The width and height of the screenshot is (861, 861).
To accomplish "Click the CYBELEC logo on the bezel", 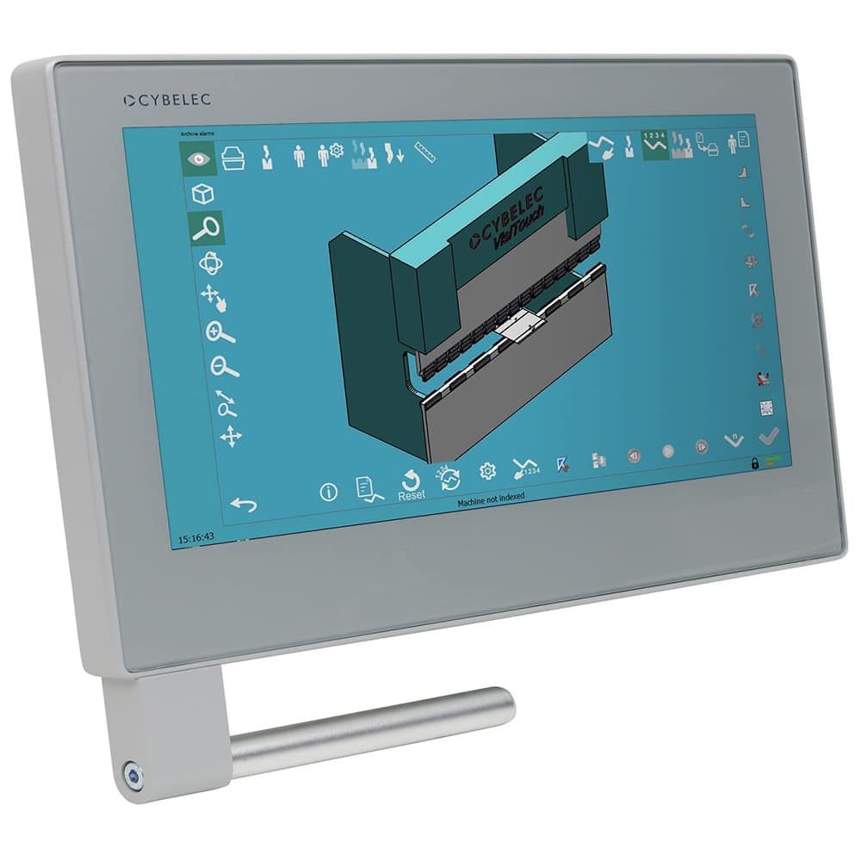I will coord(166,101).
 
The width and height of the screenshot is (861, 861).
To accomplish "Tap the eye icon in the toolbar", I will coord(198,158).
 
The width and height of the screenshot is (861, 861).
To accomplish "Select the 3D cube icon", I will coord(201,194).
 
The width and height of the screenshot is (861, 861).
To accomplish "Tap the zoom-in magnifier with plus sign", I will coord(220,331).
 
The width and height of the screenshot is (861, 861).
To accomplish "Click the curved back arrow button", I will coord(244,504).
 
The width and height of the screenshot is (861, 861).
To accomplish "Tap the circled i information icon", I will coord(328,492).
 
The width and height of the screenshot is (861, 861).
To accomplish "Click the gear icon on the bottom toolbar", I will coord(487,471).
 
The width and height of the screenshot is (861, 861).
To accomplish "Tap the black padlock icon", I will coord(755,464).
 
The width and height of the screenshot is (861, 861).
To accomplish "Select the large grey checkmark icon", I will coord(769,435).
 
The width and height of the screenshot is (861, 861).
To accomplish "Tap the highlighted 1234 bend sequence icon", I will coord(654,143).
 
